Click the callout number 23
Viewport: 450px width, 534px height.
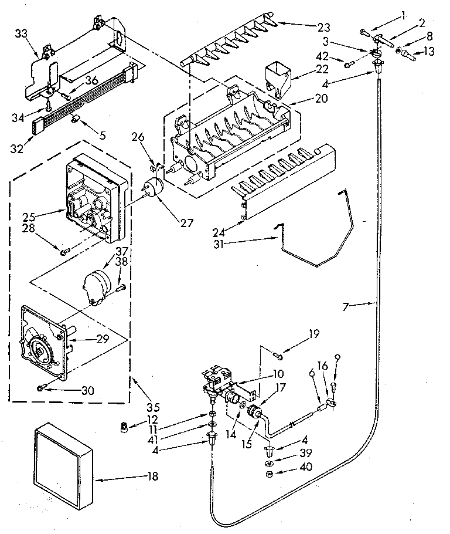point(323,27)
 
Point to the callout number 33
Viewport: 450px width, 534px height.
point(21,34)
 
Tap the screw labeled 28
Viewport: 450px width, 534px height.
point(63,251)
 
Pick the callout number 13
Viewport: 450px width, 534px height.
point(429,52)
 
